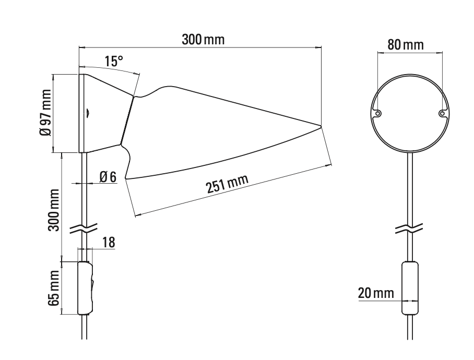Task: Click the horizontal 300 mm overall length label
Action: pyautogui.click(x=203, y=40)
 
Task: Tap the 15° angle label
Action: pyautogui.click(x=113, y=61)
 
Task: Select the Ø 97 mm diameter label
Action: pyautogui.click(x=45, y=113)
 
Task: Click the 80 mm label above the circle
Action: pyautogui.click(x=405, y=44)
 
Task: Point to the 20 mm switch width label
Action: pyautogui.click(x=376, y=293)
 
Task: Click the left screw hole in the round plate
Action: pyautogui.click(x=377, y=113)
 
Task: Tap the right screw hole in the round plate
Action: pyautogui.click(x=442, y=113)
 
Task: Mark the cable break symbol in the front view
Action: pyautogui.click(x=410, y=228)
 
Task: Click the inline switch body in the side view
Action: pyautogui.click(x=85, y=288)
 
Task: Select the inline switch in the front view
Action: pyautogui.click(x=410, y=288)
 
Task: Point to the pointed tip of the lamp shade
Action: pyautogui.click(x=319, y=125)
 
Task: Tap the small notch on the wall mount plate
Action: pyautogui.click(x=88, y=111)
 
